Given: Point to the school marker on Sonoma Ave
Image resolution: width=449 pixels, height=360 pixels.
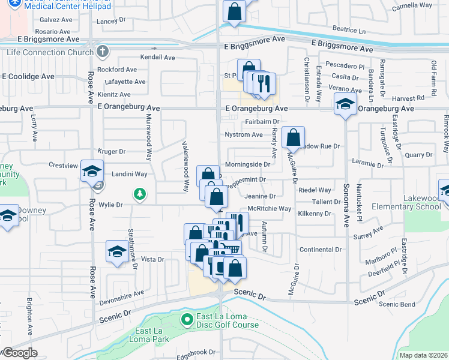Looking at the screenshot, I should coord(345,104).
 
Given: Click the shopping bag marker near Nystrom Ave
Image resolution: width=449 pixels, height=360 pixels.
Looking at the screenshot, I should coord(293,138).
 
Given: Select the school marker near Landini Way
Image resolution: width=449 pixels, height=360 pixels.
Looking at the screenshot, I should coord(92,171).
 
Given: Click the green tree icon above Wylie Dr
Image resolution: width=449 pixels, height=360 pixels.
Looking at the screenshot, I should coord(139,193).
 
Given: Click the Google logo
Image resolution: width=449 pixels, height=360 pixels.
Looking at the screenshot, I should coord(19,352).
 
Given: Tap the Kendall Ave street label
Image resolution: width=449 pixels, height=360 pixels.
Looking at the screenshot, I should coord(157,58).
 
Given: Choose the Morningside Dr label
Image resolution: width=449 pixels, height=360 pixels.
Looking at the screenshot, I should coord(247,164).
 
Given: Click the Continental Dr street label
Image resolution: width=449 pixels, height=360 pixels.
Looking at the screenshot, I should coord(321,249).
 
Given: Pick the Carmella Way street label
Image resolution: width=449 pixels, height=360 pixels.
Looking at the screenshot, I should coord(412,5).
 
